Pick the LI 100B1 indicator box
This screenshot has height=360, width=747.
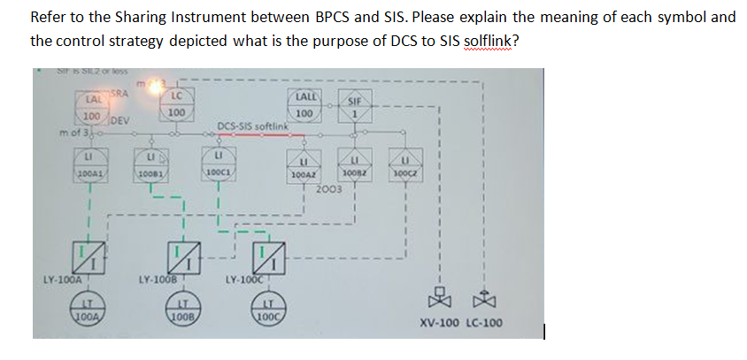click(152, 165)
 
